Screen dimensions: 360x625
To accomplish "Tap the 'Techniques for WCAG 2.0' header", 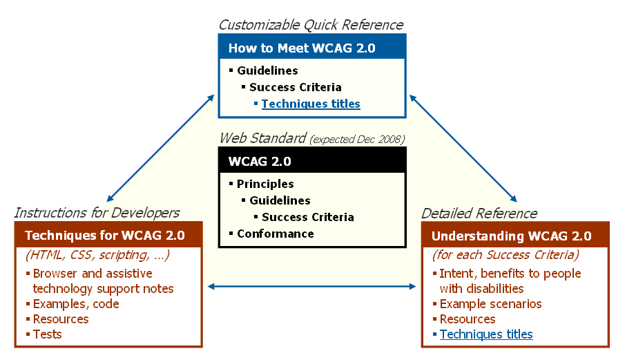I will pos(108,236).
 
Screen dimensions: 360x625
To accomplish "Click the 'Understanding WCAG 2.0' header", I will pos(515,236).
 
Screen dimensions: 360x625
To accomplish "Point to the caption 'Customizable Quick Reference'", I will pos(311,25).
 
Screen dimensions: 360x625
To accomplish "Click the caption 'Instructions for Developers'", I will pos(97,213).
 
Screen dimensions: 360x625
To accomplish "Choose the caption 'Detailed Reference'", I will pos(479,213).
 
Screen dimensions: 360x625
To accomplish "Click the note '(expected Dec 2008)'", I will pos(357,140).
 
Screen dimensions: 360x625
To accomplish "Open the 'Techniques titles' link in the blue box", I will pos(311,104).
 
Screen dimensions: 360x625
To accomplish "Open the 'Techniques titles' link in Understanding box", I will pos(486,334).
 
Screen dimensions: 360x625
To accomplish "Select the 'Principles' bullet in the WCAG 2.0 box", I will pos(265,184).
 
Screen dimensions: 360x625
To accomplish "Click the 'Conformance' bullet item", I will pos(275,234).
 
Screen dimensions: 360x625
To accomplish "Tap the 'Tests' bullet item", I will pos(48,334).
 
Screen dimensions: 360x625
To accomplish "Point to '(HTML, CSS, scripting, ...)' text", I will pos(97,255).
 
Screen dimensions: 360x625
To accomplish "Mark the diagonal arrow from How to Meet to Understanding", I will pos(463,147).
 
